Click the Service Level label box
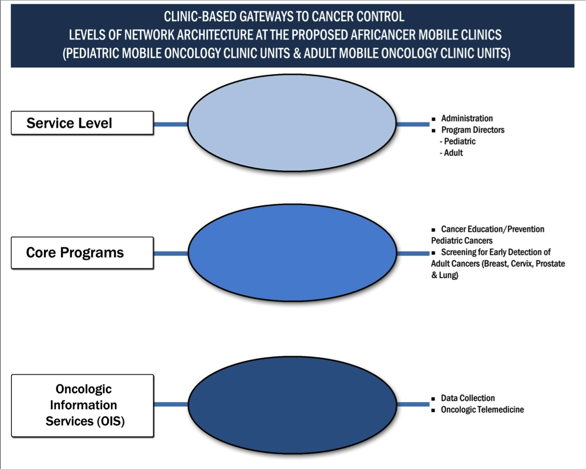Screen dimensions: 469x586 82,122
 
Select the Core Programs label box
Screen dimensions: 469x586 82,253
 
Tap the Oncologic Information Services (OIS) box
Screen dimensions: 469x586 82,405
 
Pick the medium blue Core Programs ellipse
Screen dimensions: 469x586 292,253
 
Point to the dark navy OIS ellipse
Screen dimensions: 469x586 292,404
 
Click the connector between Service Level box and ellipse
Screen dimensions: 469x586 171,124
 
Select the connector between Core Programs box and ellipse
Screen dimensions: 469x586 171,253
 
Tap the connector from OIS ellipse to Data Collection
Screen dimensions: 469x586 413,404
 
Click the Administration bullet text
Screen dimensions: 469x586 467,118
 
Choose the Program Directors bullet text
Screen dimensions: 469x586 473,130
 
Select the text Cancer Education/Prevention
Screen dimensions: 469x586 492,229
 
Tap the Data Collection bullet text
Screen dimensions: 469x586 468,398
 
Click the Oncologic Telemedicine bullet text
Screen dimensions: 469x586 482,410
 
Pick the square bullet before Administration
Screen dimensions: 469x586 434,119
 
